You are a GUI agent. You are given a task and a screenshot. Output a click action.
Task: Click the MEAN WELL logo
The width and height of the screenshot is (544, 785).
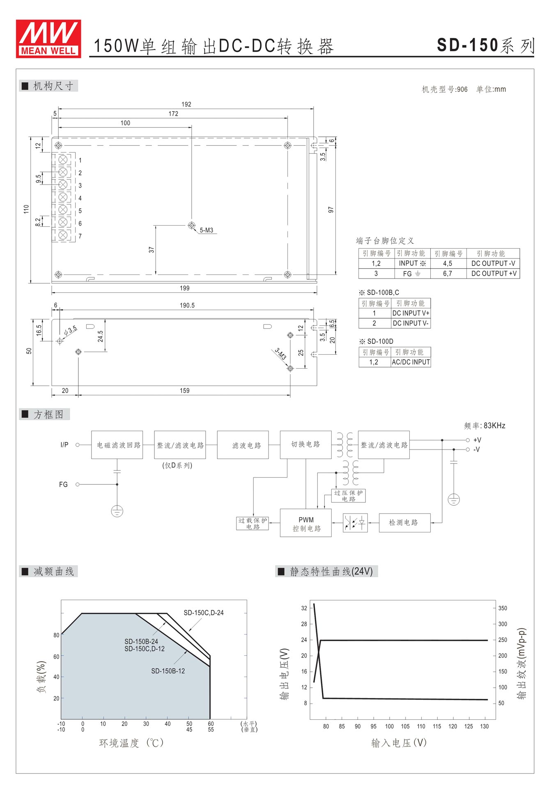coord(48,39)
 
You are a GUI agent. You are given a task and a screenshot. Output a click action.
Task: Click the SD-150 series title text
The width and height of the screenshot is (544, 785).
coord(486,45)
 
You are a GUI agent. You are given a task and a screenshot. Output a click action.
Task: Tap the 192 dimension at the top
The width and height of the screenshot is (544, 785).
coord(186,104)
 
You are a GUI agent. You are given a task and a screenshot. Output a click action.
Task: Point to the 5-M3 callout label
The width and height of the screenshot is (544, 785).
coord(207,230)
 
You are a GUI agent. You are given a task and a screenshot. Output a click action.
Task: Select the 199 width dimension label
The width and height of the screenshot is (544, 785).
coord(185,288)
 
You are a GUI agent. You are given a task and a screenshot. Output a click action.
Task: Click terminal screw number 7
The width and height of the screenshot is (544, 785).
coord(63,235)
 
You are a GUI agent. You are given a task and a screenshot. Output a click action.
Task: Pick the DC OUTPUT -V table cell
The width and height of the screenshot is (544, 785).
coord(493,263)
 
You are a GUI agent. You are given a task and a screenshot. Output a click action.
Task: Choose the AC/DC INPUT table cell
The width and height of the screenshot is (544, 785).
coord(411,362)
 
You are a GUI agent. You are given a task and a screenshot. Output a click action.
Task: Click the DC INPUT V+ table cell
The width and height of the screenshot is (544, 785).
coord(411,313)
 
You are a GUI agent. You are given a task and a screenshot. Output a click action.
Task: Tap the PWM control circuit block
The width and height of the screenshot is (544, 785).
coord(306,523)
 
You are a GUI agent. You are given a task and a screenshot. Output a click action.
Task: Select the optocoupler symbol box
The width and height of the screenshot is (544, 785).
coord(355,523)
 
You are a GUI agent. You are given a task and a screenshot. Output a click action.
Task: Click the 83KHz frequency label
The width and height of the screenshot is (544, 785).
coord(484,426)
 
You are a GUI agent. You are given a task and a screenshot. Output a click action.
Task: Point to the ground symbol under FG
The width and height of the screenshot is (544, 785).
coord(117,511)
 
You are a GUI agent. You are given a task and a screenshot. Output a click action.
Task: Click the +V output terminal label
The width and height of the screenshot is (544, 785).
coord(477,440)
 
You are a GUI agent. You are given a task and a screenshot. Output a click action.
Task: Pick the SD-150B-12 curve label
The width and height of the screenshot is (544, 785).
coord(168,671)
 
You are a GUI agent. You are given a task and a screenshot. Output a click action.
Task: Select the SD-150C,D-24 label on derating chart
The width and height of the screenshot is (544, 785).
coord(204,613)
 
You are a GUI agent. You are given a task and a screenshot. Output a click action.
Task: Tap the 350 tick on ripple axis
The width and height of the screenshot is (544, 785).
coord(503,608)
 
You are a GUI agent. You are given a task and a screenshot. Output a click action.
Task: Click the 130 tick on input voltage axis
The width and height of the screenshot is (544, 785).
coord(484,726)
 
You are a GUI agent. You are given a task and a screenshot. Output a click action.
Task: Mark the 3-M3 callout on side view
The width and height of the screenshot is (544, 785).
coord(280,354)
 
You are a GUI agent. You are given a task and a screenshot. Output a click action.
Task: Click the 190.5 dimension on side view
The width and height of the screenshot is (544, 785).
coord(187,306)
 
